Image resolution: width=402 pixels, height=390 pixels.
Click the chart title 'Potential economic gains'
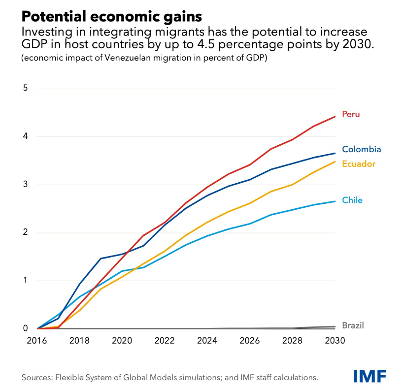coord(111,16)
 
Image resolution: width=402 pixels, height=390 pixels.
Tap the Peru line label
coord(351,114)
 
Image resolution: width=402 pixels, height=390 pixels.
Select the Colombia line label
coord(361,149)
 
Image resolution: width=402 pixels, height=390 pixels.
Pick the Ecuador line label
coord(359,163)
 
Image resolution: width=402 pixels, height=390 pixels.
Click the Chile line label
coord(352,200)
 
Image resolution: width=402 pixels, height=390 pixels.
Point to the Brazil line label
coord(353,325)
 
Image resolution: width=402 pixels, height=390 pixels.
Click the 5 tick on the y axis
coord(26,89)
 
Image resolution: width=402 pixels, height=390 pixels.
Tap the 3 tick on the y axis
coord(26,185)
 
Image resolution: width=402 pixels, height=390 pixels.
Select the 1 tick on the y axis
coord(26,281)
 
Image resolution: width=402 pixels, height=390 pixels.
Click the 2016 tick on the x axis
coord(37,340)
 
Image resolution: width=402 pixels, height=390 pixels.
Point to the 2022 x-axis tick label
coord(165,340)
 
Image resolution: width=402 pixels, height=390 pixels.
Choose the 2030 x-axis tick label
coord(335,340)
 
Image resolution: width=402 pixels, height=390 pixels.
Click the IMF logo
coord(369,376)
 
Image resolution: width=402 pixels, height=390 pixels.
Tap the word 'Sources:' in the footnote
coord(37,378)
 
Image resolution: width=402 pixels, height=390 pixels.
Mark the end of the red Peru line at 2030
coord(335,117)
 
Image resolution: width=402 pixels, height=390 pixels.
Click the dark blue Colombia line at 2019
coord(101,259)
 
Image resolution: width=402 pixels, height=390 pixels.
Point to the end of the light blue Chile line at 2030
coord(335,201)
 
